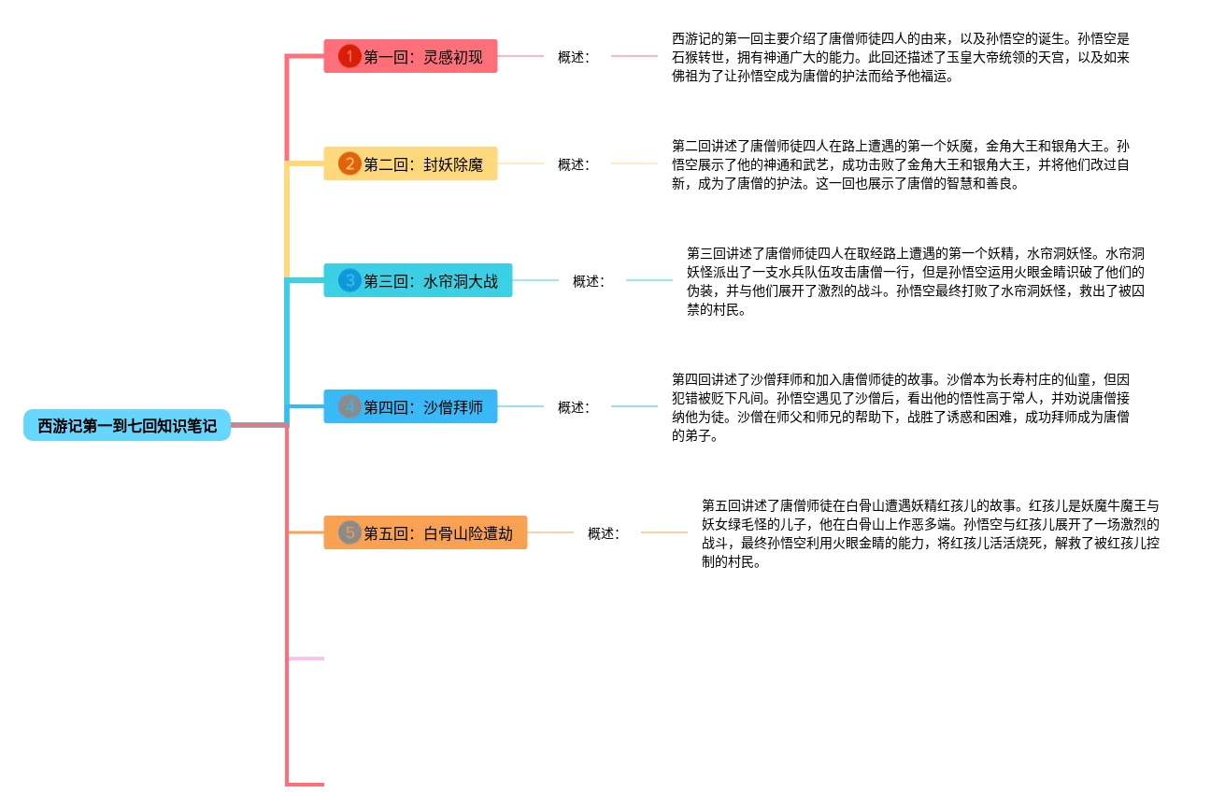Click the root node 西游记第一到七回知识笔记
[127, 426]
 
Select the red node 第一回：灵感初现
[410, 57]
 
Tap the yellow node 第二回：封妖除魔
[410, 164]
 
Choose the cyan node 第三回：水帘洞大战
[418, 281]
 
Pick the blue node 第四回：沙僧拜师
[410, 407]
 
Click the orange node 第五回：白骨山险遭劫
[425, 533]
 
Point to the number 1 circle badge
[349, 57]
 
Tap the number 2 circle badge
[349, 164]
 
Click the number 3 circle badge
[349, 280]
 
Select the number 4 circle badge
[349, 407]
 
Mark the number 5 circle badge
[349, 533]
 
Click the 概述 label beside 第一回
[574, 57]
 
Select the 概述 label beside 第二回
[574, 164]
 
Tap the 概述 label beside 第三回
[589, 281]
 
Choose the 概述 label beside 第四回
[574, 407]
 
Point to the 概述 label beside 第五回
[604, 533]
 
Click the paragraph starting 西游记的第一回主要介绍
[900, 57]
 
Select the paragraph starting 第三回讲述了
[916, 281]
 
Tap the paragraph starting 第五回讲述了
[930, 533]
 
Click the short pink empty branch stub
[306, 659]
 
